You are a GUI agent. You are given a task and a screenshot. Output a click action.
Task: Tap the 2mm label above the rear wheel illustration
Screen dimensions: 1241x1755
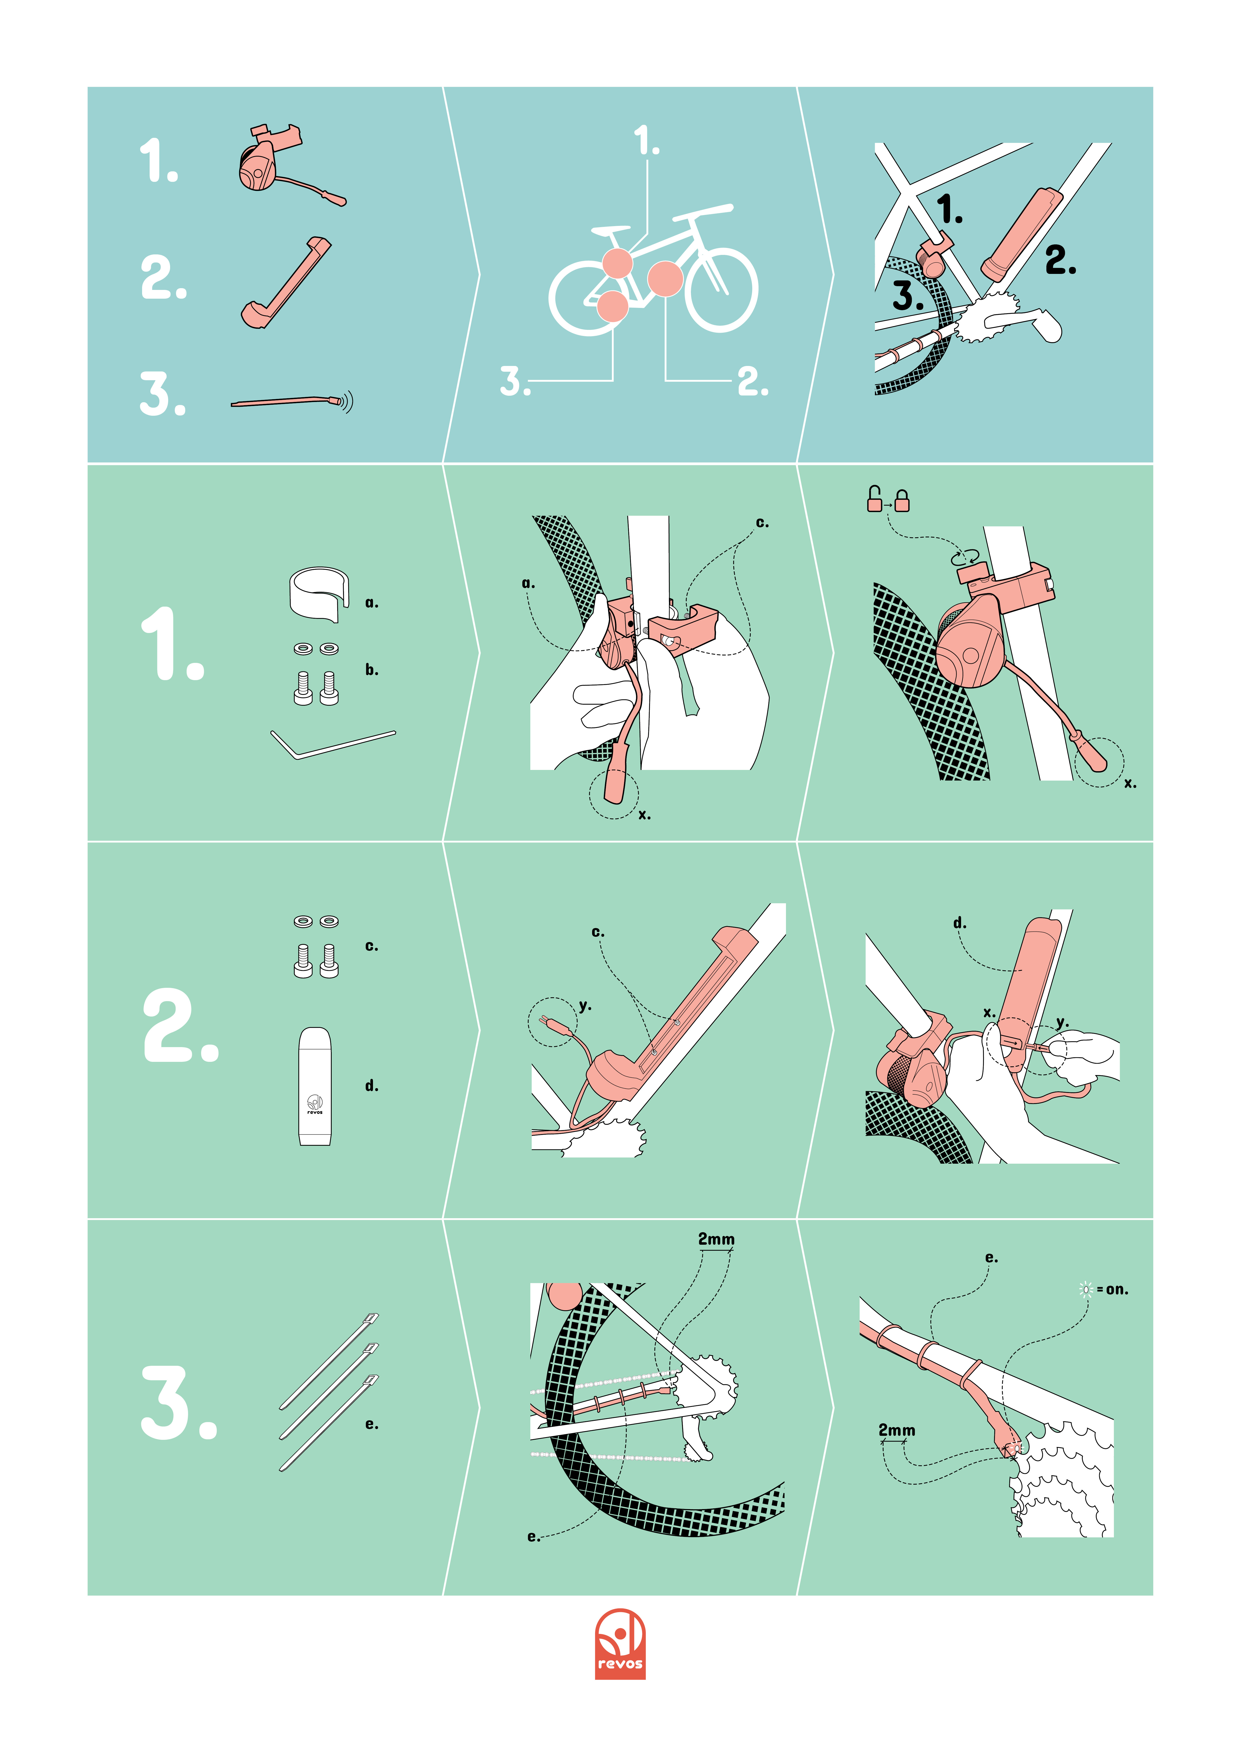716,1238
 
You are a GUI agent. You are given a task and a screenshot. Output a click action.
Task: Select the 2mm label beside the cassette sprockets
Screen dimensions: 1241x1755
896,1429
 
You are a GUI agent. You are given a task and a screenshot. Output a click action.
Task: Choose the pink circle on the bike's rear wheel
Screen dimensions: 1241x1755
612,306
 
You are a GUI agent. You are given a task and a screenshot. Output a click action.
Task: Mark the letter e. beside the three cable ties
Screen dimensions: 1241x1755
372,1424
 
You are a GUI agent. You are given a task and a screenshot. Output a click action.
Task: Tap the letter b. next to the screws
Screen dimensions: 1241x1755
372,670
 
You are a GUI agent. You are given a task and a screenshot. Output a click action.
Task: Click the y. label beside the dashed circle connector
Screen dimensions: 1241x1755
585,1006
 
